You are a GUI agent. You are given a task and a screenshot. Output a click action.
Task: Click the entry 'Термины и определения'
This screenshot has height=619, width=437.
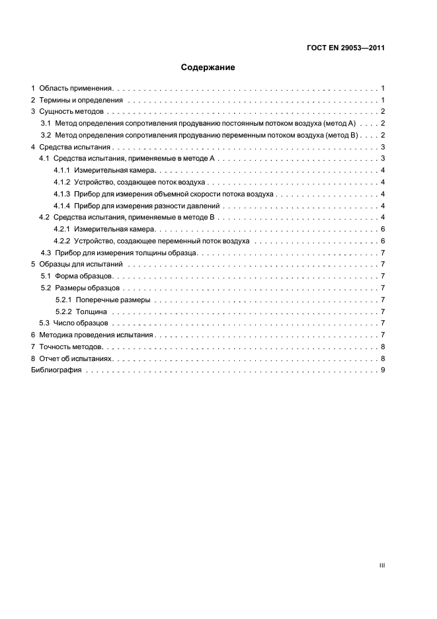click(81, 100)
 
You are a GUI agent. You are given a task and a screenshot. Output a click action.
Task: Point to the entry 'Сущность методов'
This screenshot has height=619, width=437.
click(72, 112)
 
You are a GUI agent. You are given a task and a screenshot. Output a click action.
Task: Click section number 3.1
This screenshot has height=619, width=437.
click(46, 124)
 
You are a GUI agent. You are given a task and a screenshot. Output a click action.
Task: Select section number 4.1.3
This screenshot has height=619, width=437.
click(63, 194)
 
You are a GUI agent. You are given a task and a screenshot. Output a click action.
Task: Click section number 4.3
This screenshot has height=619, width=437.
click(46, 253)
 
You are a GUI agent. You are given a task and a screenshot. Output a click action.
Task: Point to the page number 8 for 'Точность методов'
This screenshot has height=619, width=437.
click(383, 347)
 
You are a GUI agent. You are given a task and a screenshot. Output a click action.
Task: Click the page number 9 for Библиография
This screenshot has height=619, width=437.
click(383, 370)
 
